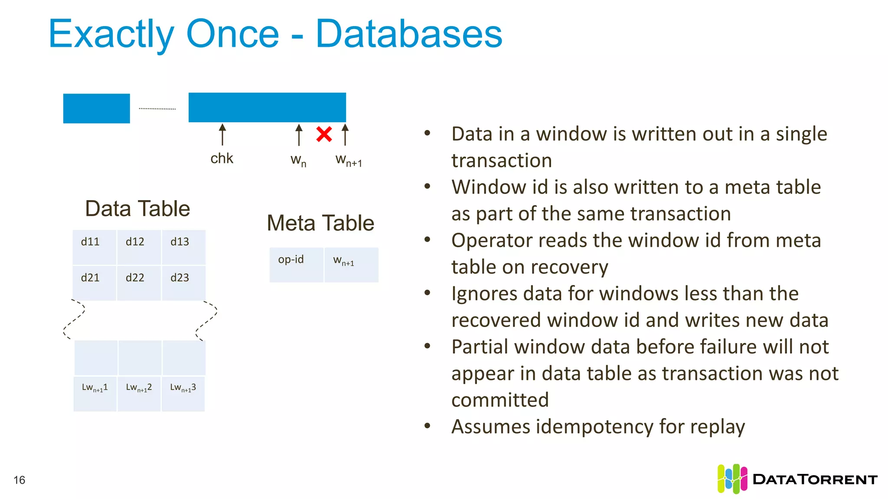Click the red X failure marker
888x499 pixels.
pos(324,134)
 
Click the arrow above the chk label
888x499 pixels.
pos(222,134)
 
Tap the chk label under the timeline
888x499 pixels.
pos(222,159)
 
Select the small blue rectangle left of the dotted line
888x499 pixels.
pos(96,108)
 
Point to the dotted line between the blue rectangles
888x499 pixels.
pos(157,109)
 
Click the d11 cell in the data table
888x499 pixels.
pos(94,247)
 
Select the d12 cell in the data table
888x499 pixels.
pos(139,247)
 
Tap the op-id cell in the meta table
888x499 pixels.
pos(296,265)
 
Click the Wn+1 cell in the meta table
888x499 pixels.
pos(351,265)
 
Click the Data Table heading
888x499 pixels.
pos(137,209)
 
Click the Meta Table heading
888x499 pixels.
pos(320,223)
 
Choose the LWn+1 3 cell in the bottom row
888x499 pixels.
pos(183,393)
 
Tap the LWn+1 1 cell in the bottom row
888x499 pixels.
pos(95,393)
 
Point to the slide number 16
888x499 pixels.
pos(20,480)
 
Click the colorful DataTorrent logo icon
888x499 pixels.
pos(732,479)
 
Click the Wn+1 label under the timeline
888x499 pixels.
pos(348,160)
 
